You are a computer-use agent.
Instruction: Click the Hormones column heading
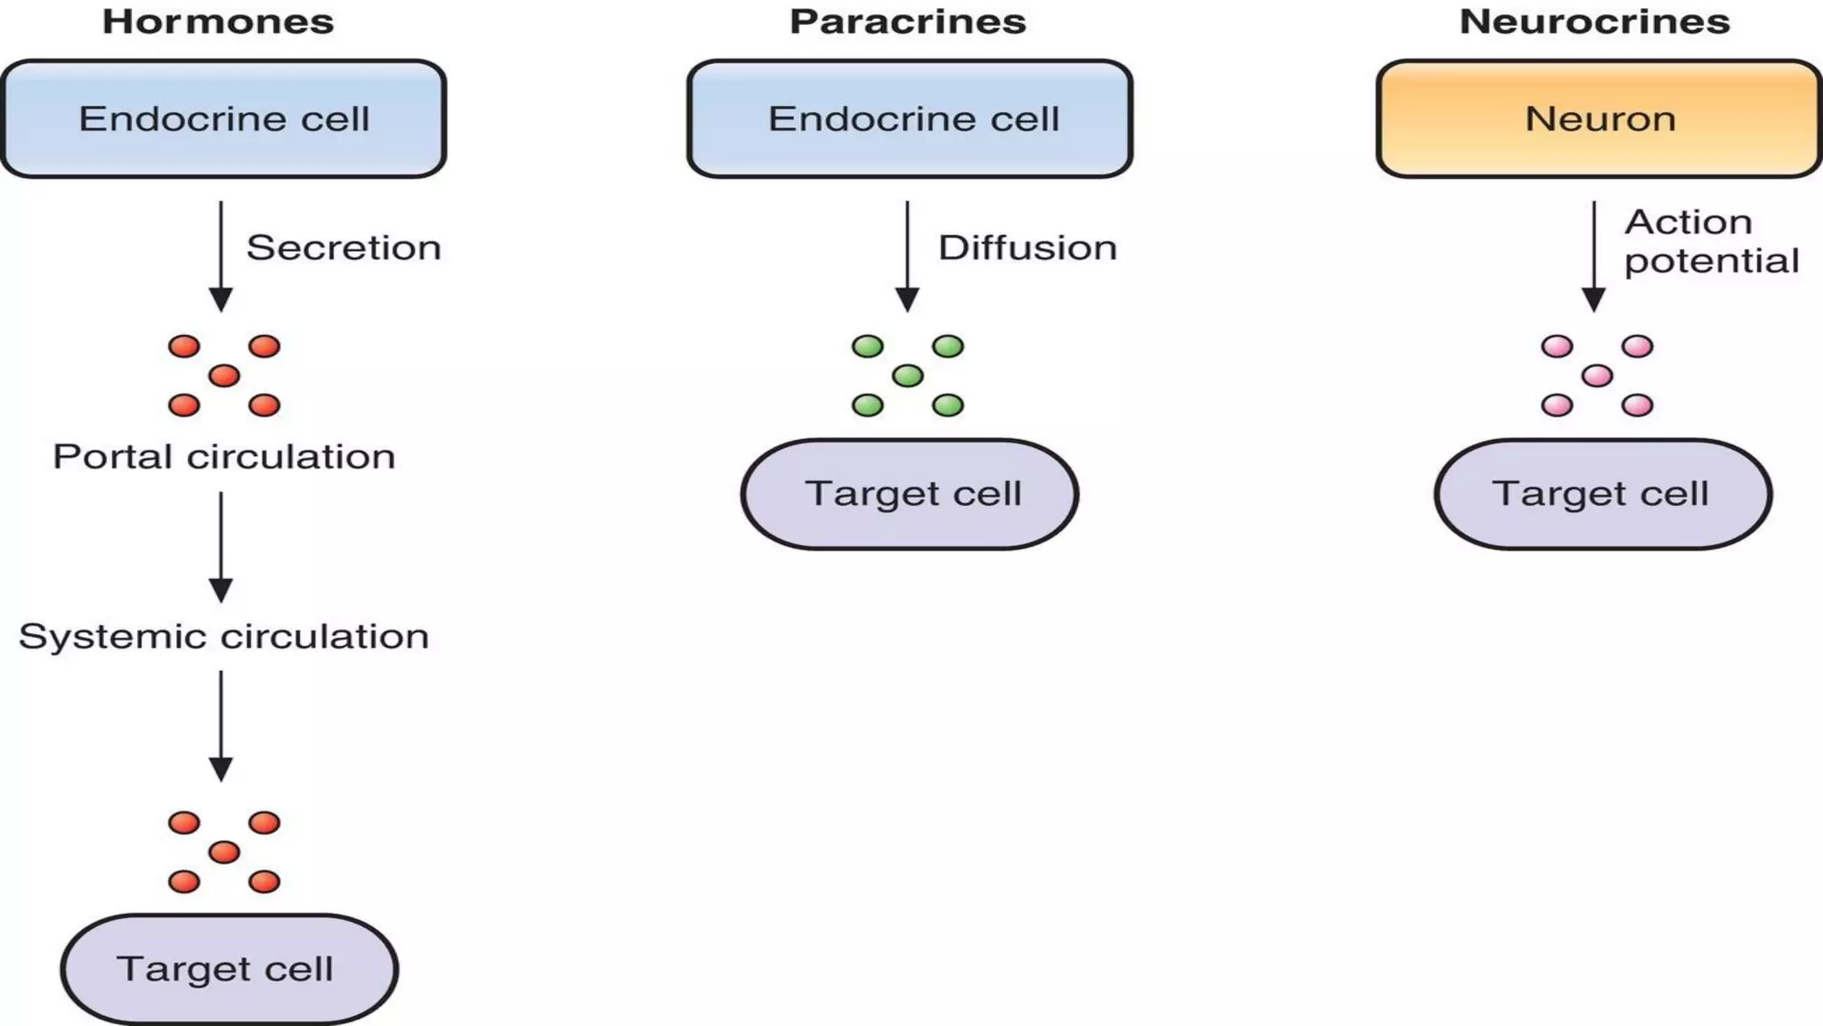click(x=218, y=21)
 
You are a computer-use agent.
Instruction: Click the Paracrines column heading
click(x=908, y=21)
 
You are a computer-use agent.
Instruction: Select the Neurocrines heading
click(x=1594, y=21)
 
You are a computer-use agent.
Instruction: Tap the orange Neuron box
click(x=1600, y=118)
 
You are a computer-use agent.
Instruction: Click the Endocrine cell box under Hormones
click(x=223, y=118)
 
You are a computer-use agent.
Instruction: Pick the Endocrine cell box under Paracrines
click(x=910, y=118)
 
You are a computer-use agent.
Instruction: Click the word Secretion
click(x=344, y=248)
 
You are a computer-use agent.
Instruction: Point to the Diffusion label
click(x=1027, y=248)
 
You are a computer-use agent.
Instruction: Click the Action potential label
click(x=1710, y=240)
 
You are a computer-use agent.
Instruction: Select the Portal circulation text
click(x=223, y=457)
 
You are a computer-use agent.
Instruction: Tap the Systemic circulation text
click(x=223, y=637)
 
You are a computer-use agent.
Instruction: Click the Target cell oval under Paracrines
click(x=910, y=493)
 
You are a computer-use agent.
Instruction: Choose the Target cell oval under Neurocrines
click(x=1602, y=493)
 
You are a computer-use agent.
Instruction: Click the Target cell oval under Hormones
click(x=229, y=969)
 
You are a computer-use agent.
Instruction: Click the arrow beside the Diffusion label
click(x=907, y=256)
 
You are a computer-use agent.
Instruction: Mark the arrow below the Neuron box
click(x=1593, y=256)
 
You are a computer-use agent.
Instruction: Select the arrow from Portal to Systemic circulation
click(x=221, y=547)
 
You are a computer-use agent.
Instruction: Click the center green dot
click(x=907, y=376)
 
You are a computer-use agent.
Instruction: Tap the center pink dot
click(x=1597, y=376)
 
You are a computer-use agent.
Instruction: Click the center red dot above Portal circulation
click(x=224, y=376)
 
